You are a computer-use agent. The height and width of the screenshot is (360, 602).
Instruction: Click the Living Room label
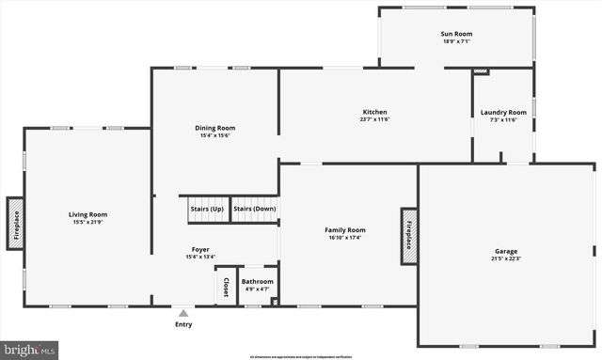pos(87,214)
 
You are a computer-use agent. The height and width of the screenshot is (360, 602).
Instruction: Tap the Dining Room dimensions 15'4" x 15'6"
pos(214,135)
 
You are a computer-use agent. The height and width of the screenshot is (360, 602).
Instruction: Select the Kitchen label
pos(374,112)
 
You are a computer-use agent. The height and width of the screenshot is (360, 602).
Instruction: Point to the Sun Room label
pos(456,34)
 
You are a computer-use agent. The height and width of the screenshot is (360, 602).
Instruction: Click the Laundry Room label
pos(503,113)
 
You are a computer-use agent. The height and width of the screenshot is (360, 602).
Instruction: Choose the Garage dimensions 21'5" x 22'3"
pos(506,258)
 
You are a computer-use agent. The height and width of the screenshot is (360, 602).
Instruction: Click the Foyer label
pos(200,249)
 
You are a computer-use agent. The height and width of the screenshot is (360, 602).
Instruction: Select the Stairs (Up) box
pos(206,209)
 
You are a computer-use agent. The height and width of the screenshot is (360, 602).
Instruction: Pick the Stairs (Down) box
pos(255,209)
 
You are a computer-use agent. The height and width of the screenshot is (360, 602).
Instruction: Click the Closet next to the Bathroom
pos(226,287)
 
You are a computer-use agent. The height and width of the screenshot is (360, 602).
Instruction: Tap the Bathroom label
pos(257,281)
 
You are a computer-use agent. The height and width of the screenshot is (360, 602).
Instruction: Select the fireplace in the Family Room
pos(408,230)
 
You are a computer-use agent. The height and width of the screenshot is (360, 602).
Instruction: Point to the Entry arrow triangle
pos(183,312)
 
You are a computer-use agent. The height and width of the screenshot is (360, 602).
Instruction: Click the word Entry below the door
pos(183,324)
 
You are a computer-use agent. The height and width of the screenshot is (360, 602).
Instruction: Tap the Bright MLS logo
pos(30,350)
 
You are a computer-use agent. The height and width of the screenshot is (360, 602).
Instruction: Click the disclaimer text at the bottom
pos(301,357)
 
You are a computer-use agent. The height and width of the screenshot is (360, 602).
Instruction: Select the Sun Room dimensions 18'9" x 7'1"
pos(456,41)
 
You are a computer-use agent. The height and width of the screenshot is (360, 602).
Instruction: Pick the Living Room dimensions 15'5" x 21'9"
pos(87,222)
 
